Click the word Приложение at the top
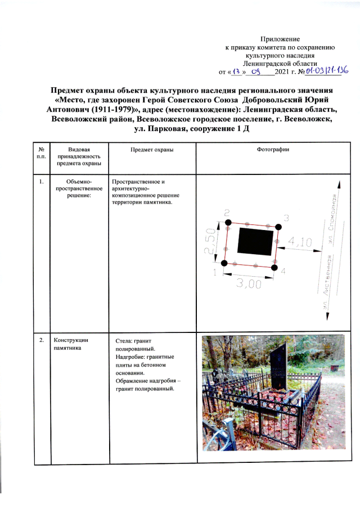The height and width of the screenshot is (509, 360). (280, 39)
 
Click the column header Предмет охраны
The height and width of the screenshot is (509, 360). (151, 150)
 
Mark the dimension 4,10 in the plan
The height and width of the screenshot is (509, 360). (300, 242)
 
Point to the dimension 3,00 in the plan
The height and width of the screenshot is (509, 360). (248, 285)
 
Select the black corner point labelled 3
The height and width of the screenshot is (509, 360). (278, 227)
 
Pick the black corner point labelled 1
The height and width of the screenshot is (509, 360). (224, 263)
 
